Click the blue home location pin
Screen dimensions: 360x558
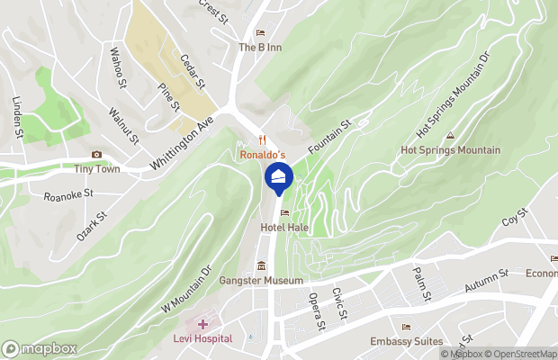tap(279, 178)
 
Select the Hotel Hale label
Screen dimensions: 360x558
tap(284, 229)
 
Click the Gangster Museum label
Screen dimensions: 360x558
tap(261, 281)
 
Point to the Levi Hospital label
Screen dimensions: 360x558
tap(202, 338)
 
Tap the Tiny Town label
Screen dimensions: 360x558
tap(96, 169)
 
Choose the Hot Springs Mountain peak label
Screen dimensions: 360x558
tap(450, 150)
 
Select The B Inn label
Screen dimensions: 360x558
tap(261, 48)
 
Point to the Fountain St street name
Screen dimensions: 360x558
tap(328, 134)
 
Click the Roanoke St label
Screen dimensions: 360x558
tap(69, 193)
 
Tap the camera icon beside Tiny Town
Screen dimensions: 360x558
tap(96, 155)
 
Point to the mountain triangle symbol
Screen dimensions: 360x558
tap(450, 136)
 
